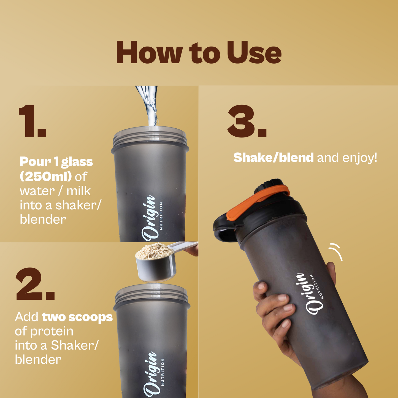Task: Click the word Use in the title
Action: click(x=254, y=52)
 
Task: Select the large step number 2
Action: click(x=35, y=284)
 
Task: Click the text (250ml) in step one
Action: click(x=46, y=177)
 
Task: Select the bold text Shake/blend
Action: click(x=274, y=158)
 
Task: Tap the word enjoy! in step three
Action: click(x=360, y=158)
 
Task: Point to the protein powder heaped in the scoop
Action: click(x=155, y=251)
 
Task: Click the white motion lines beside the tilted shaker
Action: click(x=336, y=252)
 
